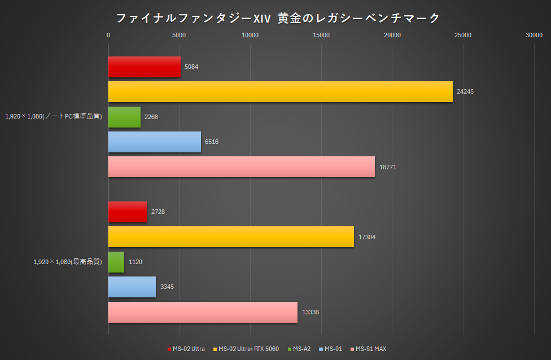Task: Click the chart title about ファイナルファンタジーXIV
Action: coord(277,19)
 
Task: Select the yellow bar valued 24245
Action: coord(280,91)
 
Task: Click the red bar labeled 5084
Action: coord(144,67)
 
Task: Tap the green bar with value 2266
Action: coord(124,117)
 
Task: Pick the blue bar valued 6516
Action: coord(154,142)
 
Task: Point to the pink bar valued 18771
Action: coord(241,167)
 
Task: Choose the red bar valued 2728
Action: coord(127,212)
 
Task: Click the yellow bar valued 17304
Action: coord(231,237)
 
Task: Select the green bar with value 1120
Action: coord(116,262)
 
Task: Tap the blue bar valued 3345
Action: coord(132,287)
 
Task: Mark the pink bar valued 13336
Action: coord(203,312)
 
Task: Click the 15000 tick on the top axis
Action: coord(321,36)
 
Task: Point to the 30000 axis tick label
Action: coord(533,36)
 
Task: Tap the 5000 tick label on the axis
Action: coord(179,36)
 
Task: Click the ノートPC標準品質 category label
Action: coord(54,117)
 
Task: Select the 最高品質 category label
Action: coord(68,262)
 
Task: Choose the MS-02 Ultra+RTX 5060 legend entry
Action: coord(246,349)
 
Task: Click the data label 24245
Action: coord(465,91)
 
